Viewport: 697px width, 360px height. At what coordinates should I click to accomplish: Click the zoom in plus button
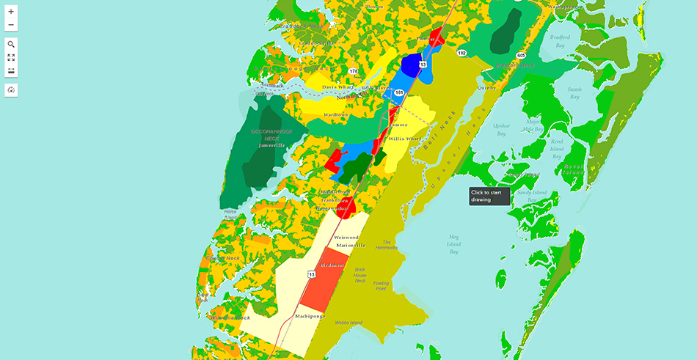(x=11, y=12)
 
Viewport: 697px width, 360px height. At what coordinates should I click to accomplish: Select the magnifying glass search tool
(x=11, y=44)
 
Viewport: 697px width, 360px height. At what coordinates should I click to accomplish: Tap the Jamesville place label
(x=271, y=145)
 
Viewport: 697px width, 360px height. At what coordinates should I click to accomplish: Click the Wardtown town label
(x=337, y=115)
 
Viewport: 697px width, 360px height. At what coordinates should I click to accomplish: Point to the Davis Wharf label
(x=338, y=87)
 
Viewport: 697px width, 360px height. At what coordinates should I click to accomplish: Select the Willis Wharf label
(x=406, y=138)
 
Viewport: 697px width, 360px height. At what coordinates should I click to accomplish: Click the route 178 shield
(x=354, y=71)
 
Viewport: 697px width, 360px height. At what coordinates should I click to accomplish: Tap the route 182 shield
(x=461, y=53)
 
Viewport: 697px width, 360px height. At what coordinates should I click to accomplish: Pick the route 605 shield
(x=521, y=55)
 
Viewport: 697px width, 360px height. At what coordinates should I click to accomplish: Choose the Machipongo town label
(x=310, y=316)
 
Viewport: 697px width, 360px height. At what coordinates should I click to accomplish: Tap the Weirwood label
(x=346, y=238)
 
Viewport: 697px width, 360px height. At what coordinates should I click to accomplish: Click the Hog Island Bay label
(x=453, y=244)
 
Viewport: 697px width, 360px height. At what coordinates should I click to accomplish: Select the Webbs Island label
(x=348, y=323)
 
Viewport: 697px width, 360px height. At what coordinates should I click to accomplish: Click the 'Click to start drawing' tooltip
(x=489, y=196)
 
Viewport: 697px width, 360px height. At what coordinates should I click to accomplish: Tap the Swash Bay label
(x=574, y=92)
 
